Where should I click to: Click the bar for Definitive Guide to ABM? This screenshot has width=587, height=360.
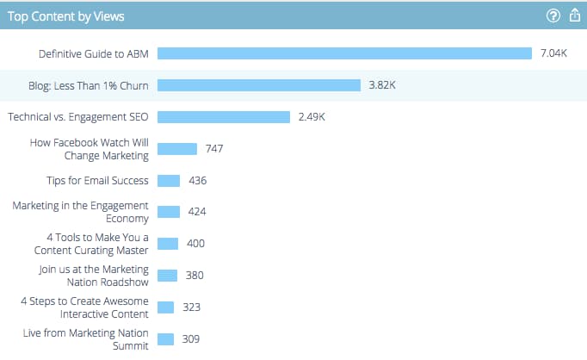tap(344, 53)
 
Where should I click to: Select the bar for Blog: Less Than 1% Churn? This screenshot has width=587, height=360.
tap(258, 85)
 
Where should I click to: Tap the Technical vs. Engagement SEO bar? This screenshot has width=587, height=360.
tap(223, 117)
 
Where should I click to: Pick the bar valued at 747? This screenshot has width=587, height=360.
tap(177, 149)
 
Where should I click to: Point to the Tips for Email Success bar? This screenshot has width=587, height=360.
tap(169, 181)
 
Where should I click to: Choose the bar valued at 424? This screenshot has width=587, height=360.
tap(169, 212)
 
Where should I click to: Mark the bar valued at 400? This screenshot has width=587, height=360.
tap(168, 244)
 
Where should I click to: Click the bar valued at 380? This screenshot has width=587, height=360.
tap(167, 276)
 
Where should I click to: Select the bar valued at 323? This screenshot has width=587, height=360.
tap(166, 307)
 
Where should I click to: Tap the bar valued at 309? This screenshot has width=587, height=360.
tap(166, 339)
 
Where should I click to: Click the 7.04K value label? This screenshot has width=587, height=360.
tap(553, 53)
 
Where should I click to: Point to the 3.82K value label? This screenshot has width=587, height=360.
tap(382, 85)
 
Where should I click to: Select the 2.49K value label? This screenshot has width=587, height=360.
tap(312, 117)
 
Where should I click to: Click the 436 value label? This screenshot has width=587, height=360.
tap(198, 181)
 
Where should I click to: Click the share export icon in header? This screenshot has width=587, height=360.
tap(575, 16)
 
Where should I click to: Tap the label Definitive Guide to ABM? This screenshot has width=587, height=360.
tap(94, 53)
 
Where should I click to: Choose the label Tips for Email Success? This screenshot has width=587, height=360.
tap(97, 181)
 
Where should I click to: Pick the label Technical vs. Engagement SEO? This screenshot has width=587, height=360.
tap(78, 117)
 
